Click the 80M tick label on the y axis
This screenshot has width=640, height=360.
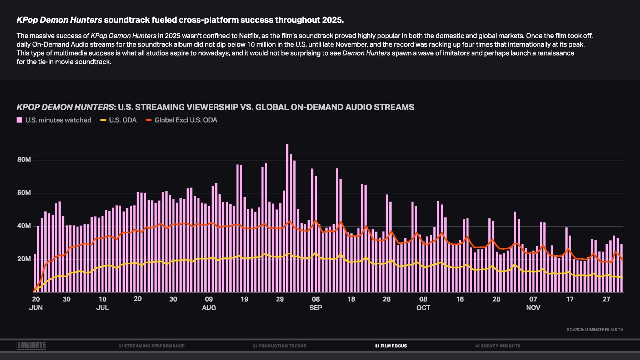coord(24,160)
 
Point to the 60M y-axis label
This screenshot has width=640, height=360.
coord(24,193)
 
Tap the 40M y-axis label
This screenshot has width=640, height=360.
coord(24,226)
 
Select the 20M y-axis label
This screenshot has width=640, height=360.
coord(24,259)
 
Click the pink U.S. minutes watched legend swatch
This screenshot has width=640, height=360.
coord(19,120)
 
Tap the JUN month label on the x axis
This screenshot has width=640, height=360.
coord(36,308)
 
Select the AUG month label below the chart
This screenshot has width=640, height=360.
coord(209,308)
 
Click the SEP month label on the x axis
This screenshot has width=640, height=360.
coord(316,308)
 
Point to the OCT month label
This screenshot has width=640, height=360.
coord(423,308)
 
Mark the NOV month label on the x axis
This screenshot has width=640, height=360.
coord(533,308)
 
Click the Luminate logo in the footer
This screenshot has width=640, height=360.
coord(31,345)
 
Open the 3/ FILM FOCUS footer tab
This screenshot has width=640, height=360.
coord(391,346)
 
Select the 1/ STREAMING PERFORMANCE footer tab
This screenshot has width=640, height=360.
coord(152,346)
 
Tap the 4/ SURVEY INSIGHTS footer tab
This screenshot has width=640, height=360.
coord(498,346)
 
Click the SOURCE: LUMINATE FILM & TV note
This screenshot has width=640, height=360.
coord(595,330)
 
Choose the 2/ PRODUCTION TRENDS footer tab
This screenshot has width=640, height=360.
coord(280,346)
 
